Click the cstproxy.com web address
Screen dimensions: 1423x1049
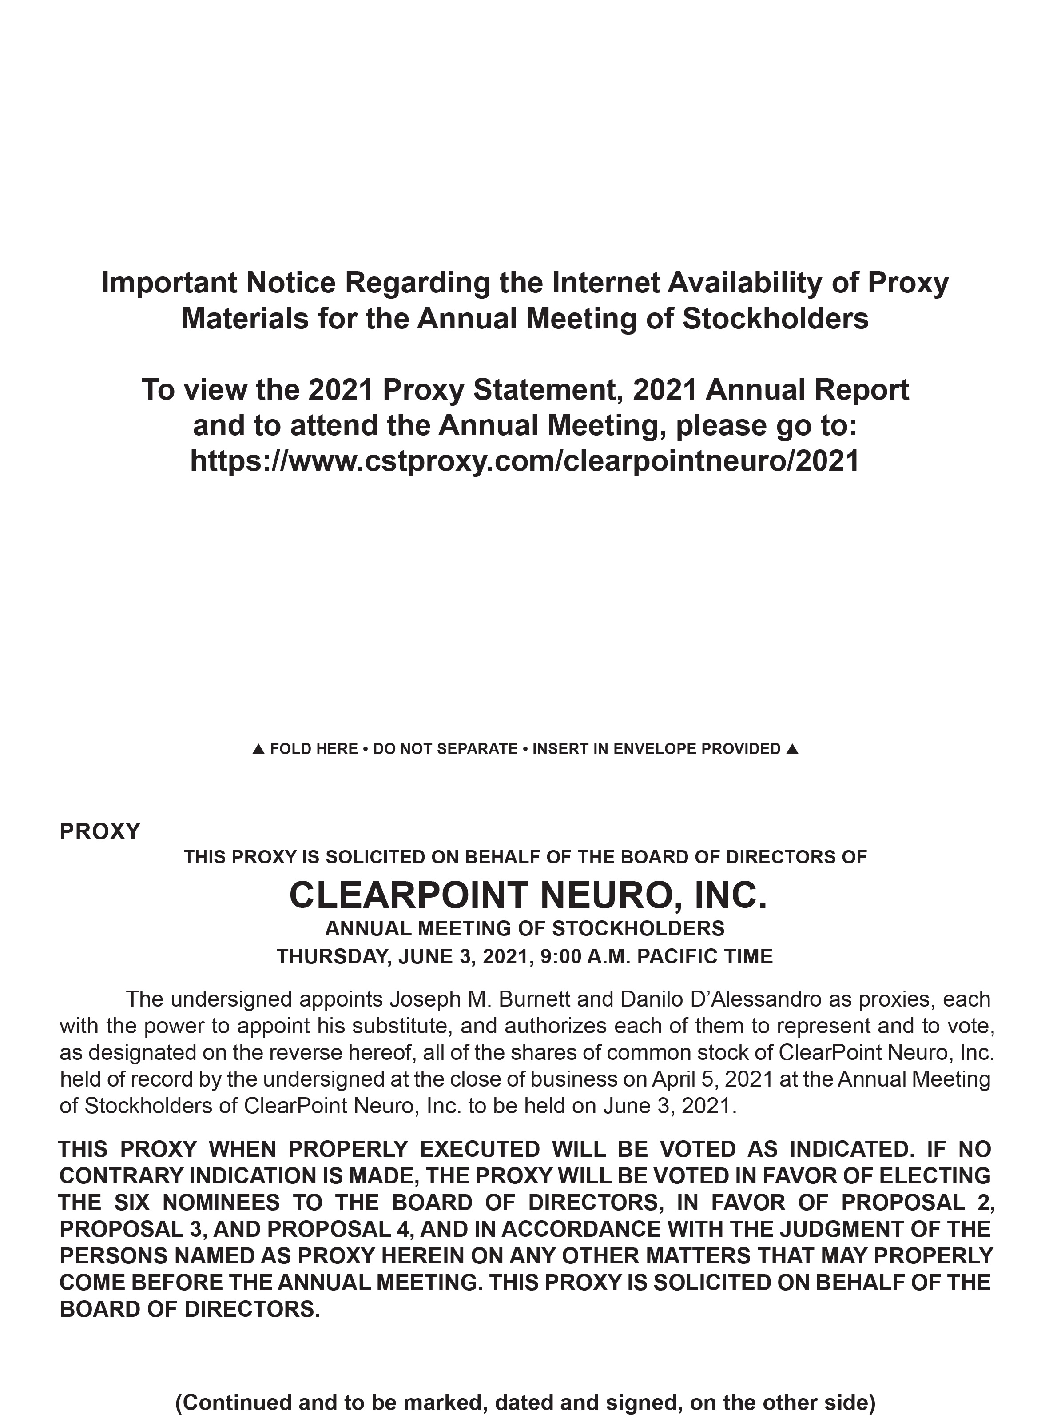coord(524,461)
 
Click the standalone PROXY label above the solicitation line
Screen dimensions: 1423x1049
coord(99,831)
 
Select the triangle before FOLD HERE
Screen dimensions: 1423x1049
coord(258,750)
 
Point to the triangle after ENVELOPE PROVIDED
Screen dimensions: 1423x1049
coord(791,750)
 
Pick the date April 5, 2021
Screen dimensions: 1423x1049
coord(711,1079)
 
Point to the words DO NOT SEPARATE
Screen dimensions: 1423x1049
coord(445,750)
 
